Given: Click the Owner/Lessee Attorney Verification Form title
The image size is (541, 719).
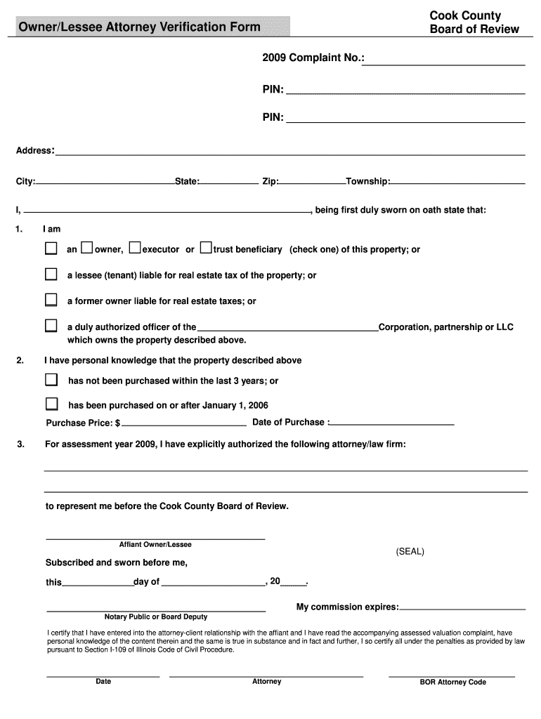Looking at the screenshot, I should click(139, 27).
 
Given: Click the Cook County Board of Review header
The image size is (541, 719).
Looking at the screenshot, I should click(474, 22).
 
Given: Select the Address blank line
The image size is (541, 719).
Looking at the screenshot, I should click(290, 153).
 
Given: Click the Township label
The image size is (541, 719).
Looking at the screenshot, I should click(367, 182).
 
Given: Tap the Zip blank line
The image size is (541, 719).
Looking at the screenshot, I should click(312, 183).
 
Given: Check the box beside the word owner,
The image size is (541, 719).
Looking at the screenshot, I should click(86, 248).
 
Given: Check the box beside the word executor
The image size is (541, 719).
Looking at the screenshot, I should click(135, 248).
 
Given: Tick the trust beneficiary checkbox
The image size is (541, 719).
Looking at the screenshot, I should click(205, 248).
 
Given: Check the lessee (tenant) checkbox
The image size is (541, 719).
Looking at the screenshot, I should click(51, 274).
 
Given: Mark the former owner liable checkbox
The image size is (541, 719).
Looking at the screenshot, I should click(51, 300).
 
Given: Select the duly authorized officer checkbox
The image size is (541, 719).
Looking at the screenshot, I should click(51, 326).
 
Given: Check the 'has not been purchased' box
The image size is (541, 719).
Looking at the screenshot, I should click(51, 380).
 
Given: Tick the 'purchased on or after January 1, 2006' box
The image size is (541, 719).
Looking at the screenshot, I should click(51, 404).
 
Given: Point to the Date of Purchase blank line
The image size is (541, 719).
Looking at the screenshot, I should click(392, 424).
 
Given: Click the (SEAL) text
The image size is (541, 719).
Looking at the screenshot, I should click(410, 552).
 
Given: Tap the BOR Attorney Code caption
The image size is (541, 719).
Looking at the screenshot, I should click(452, 682).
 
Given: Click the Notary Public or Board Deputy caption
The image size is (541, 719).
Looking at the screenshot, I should click(156, 617).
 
